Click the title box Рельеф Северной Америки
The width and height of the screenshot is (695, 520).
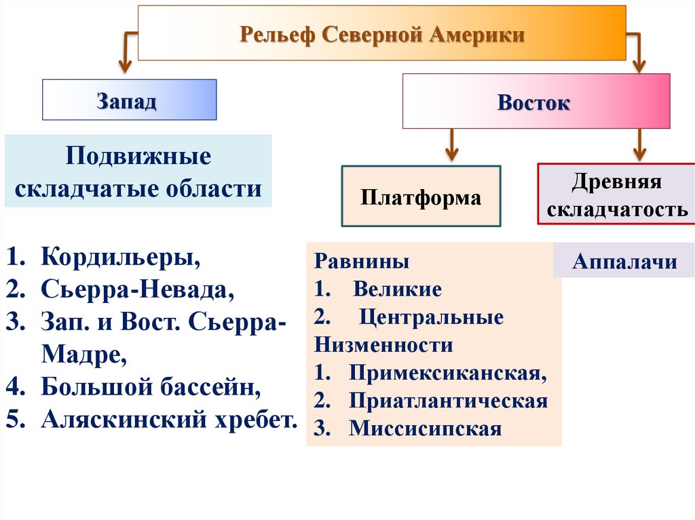pos(381,33)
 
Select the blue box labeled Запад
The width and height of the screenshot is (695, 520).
pos(129,100)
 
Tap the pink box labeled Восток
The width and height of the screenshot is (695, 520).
pos(536,102)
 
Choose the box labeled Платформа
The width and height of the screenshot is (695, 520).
pos(421,197)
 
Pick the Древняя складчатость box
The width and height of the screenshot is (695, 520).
pos(617,195)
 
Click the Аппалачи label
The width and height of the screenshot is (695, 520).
pos(624,261)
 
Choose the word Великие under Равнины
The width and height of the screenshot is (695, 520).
pos(398,290)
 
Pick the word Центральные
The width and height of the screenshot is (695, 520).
pos(432,317)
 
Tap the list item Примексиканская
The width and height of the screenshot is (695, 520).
pos(448,374)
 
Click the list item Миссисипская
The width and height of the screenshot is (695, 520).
pos(426,428)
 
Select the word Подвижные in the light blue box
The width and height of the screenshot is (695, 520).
pos(138,157)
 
